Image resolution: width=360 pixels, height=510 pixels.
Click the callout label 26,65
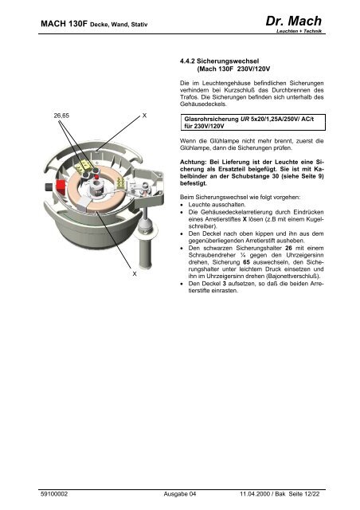pyautogui.click(x=61, y=116)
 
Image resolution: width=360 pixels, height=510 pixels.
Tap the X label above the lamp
pyautogui.click(x=144, y=116)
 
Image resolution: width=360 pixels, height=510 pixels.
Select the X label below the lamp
pyautogui.click(x=135, y=274)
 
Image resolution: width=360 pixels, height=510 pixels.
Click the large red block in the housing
pyautogui.click(x=61, y=186)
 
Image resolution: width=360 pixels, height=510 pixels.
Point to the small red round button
pyautogui.click(x=96, y=176)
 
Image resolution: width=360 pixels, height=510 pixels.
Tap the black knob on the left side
pyautogui.click(x=48, y=186)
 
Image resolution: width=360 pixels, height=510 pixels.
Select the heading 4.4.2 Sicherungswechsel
pyautogui.click(x=220, y=61)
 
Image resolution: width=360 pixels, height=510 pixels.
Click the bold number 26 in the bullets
pyautogui.click(x=288, y=248)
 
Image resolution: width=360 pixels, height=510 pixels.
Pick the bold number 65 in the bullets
pyautogui.click(x=246, y=262)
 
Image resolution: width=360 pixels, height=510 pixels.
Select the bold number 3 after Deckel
pyautogui.click(x=224, y=284)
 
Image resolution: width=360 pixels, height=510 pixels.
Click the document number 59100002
pyautogui.click(x=54, y=494)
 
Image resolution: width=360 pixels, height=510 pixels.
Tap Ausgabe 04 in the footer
pyautogui.click(x=180, y=494)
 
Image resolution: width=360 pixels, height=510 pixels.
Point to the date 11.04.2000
pyautogui.click(x=255, y=494)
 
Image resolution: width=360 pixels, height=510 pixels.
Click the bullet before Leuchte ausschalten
pyautogui.click(x=182, y=205)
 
